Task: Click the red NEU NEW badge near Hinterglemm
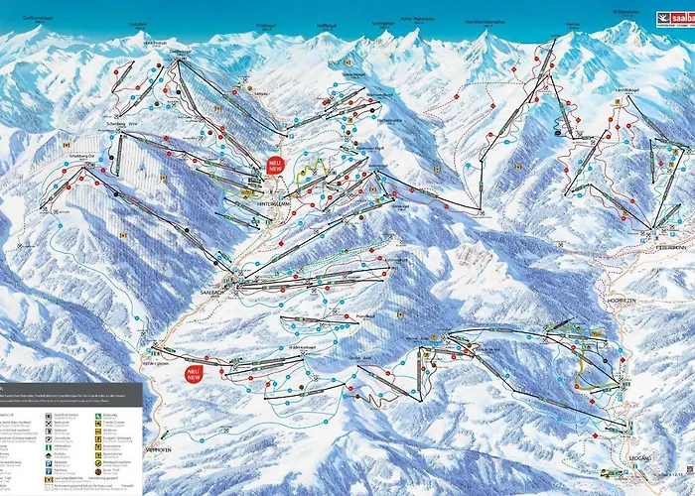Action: [275, 167]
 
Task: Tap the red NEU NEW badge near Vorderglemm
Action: [193, 374]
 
